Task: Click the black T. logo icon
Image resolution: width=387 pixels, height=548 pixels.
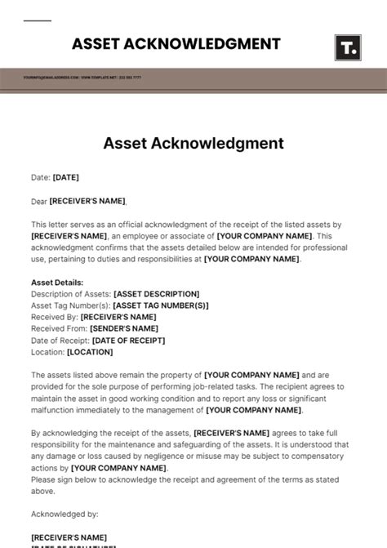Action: click(x=348, y=47)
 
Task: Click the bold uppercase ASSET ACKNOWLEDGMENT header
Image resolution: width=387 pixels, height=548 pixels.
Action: click(x=176, y=44)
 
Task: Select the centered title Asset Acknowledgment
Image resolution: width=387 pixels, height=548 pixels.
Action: click(x=193, y=144)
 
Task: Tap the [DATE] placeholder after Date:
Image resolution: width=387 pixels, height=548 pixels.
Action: click(x=66, y=177)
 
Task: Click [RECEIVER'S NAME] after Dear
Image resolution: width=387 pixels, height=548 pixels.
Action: click(x=88, y=201)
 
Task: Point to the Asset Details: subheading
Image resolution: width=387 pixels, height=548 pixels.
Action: click(x=57, y=283)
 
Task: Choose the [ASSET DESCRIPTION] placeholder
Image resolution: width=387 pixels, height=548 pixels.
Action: click(x=156, y=294)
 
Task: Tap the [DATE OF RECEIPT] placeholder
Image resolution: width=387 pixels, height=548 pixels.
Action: click(x=128, y=340)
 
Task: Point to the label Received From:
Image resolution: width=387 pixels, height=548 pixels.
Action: click(x=59, y=328)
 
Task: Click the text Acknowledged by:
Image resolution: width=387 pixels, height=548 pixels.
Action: click(x=64, y=514)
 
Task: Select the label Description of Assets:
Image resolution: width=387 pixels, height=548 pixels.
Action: click(x=71, y=294)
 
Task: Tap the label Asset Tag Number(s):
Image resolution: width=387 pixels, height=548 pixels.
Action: click(x=70, y=305)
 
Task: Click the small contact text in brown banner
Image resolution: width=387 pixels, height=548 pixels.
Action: click(x=82, y=78)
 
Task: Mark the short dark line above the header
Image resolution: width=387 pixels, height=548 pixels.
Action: click(x=37, y=21)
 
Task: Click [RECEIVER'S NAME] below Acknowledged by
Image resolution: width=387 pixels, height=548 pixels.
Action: click(x=69, y=537)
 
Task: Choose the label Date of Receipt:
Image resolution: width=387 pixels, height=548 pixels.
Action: click(x=60, y=340)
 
